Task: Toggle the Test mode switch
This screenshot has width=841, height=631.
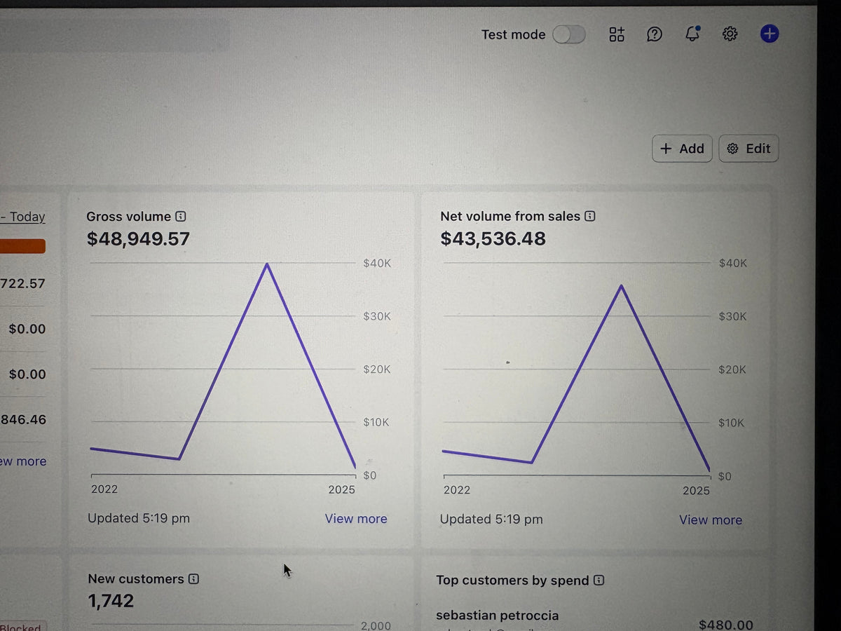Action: [568, 34]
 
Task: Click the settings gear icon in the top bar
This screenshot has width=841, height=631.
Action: [730, 34]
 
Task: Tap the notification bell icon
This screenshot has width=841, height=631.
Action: [692, 34]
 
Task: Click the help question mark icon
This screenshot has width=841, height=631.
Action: [654, 34]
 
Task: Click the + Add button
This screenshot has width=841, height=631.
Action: [682, 149]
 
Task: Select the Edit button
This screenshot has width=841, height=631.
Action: [748, 149]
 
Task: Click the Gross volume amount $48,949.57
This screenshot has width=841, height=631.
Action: [138, 239]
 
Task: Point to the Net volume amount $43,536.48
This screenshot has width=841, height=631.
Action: [493, 239]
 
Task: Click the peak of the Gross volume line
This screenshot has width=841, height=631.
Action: [267, 264]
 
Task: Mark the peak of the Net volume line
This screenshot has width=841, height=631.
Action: [621, 286]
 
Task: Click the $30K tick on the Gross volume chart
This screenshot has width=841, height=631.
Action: [377, 316]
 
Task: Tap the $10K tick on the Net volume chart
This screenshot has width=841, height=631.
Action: [732, 423]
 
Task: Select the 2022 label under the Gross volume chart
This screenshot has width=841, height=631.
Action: [104, 489]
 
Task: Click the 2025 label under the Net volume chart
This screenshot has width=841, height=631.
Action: [696, 491]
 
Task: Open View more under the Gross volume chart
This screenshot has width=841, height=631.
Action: [355, 519]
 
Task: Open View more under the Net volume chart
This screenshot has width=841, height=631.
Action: [710, 520]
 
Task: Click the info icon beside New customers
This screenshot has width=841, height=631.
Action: [194, 579]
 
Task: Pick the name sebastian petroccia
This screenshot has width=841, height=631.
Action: [497, 616]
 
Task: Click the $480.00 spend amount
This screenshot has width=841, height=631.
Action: [725, 625]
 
